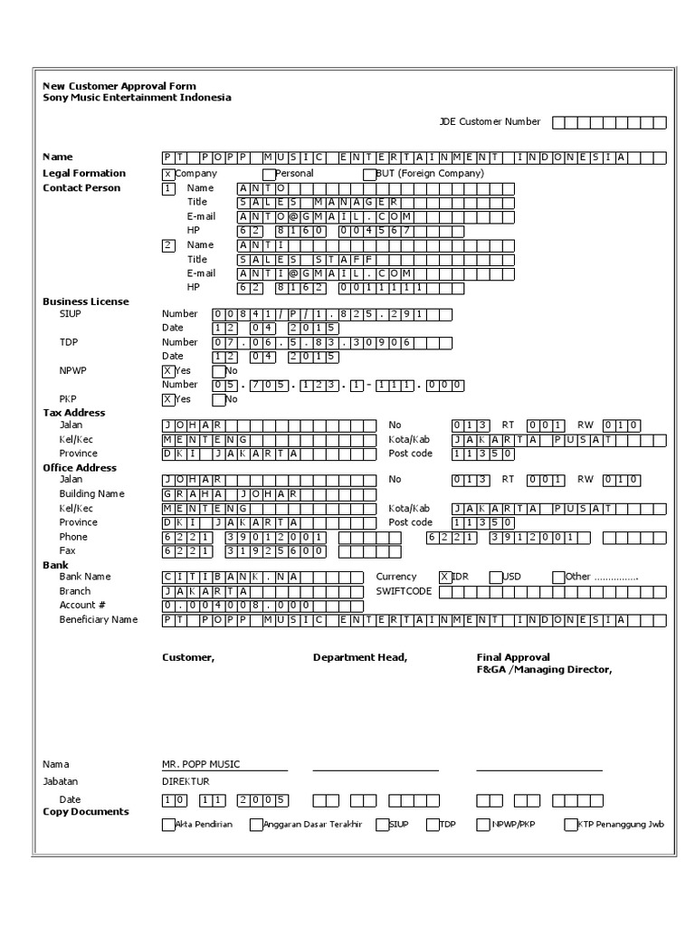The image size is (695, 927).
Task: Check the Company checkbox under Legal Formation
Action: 168,174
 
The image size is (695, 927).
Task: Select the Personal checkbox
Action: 268,174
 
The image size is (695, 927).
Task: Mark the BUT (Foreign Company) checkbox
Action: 368,174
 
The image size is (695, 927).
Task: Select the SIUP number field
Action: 331,314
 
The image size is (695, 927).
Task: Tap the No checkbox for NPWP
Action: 218,371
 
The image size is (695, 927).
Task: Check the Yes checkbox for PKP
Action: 168,399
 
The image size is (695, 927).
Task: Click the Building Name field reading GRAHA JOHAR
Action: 269,494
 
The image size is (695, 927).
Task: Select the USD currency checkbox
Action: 495,577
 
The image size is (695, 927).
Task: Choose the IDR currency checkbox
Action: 444,577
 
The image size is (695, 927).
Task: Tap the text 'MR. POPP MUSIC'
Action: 201,764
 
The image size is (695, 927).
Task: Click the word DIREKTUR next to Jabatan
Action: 186,781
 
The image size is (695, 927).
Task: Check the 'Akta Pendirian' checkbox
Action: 168,825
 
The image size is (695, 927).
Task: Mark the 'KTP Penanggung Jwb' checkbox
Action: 570,825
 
